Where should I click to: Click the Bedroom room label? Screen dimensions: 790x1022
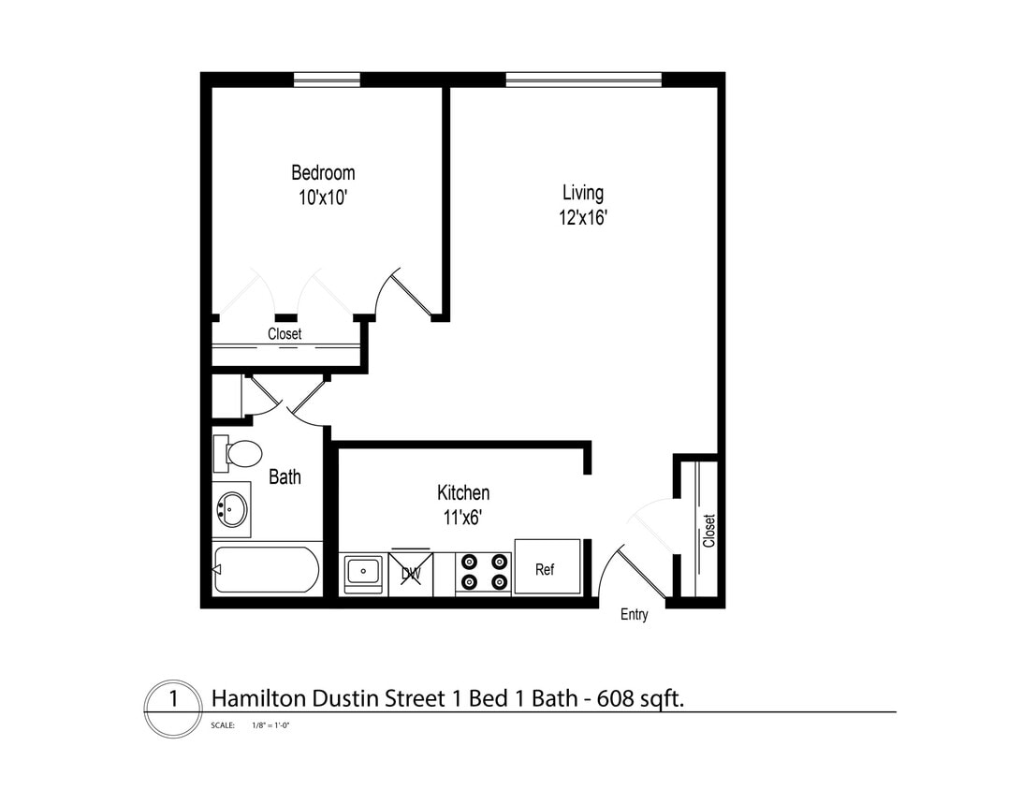(323, 173)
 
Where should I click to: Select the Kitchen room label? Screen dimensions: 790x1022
(463, 492)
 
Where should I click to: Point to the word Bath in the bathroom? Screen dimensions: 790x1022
(285, 476)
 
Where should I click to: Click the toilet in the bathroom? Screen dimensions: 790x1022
(240, 453)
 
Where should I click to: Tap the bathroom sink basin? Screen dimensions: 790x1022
(231, 510)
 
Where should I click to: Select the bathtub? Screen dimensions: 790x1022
(267, 570)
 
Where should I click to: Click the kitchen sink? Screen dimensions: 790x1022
(362, 570)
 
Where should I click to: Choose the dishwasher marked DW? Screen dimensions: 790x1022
(410, 571)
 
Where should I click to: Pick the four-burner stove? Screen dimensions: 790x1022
(484, 572)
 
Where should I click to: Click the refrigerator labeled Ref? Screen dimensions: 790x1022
(547, 568)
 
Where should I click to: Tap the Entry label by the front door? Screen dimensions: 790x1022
(634, 615)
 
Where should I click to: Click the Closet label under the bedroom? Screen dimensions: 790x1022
(285, 334)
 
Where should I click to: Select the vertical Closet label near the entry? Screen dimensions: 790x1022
(709, 531)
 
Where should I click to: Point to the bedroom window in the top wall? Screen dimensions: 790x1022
(327, 80)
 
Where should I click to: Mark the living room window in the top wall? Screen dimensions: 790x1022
(583, 80)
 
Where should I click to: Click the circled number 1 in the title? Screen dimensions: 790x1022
(172, 699)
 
